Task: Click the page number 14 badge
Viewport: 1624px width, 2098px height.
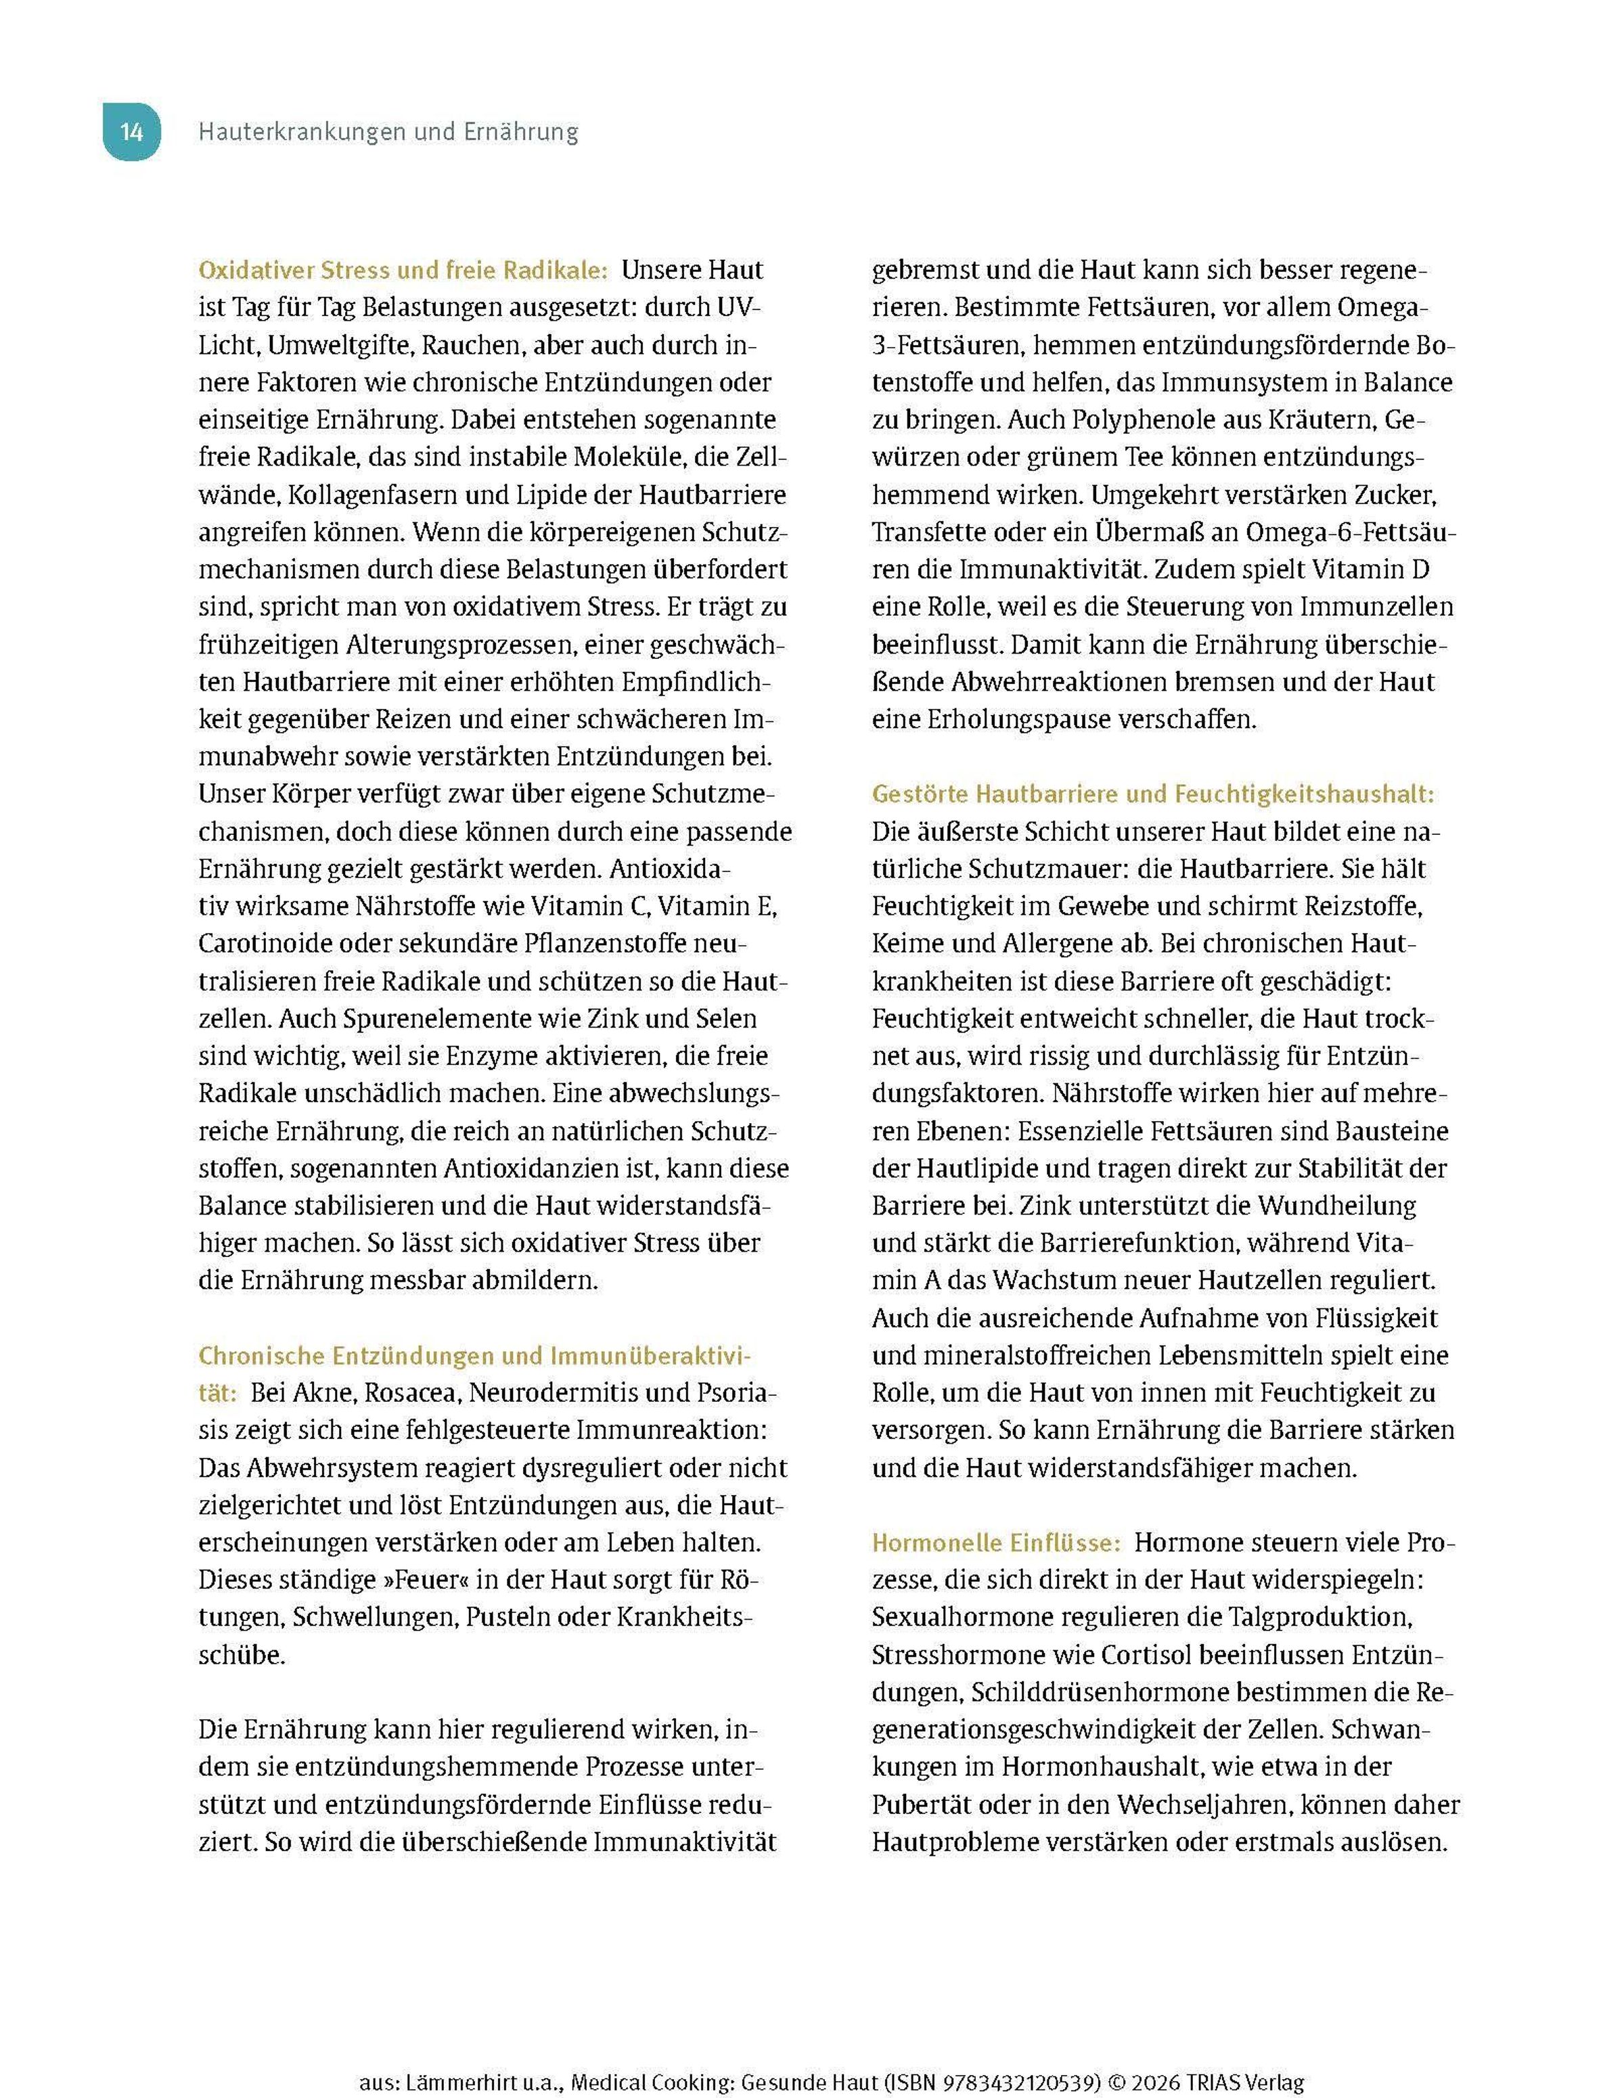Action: tap(132, 132)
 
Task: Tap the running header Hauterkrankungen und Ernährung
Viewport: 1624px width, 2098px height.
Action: tap(388, 132)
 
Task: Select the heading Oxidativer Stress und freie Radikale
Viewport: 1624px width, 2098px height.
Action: tap(403, 271)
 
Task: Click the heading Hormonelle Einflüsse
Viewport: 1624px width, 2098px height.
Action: tap(995, 1543)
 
